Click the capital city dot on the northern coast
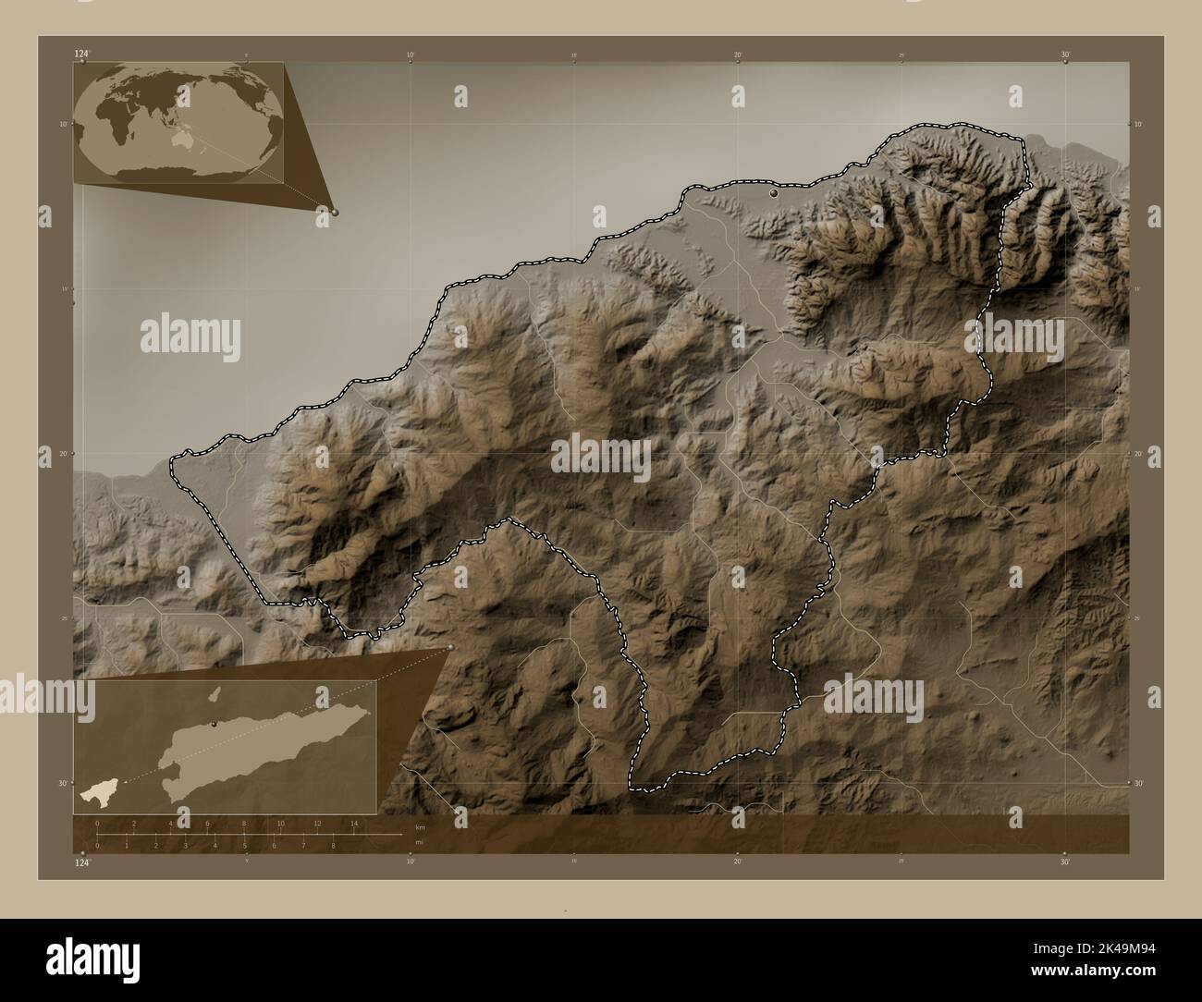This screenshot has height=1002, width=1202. point(774,194)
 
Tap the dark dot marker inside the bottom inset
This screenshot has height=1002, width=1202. point(214,725)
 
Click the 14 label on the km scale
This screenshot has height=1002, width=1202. point(353,823)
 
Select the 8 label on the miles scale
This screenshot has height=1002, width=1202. point(333,845)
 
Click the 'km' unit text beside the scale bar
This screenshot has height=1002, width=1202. point(420,825)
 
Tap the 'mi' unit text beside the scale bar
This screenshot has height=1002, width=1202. point(420,841)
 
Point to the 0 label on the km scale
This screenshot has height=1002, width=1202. point(97,823)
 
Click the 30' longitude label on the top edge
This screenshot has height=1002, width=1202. point(1065,55)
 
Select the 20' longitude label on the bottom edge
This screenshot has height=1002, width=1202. point(737,862)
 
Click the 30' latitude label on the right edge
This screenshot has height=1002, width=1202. point(1138,783)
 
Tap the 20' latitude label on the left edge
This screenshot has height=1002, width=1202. point(65,453)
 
